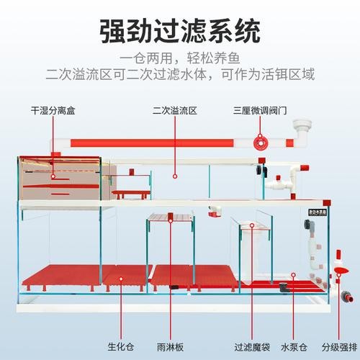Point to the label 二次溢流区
point(175,111)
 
